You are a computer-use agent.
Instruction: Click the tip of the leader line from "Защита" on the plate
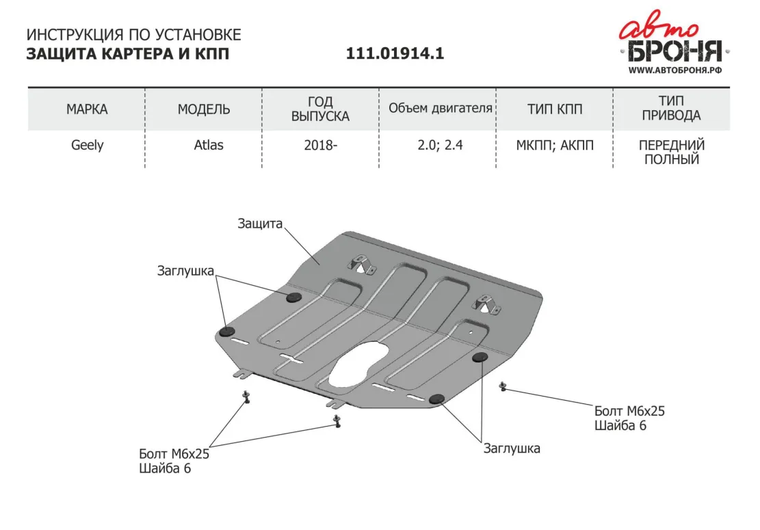pos(319,265)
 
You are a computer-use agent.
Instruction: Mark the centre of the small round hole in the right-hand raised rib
pos(471,332)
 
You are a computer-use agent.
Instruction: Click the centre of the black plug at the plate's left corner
pos(227,332)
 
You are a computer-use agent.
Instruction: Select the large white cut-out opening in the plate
pos(358,365)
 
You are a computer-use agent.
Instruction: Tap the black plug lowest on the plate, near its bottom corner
pos(436,399)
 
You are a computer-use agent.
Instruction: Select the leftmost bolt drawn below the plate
pos(246,397)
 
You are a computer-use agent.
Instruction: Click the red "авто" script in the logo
pos(659,27)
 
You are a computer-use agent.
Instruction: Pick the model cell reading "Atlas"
pos(209,145)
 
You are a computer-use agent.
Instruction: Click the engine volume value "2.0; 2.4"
pos(440,145)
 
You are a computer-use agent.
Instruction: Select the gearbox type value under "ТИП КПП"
pos(555,145)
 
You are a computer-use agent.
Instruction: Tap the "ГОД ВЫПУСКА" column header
pos(320,109)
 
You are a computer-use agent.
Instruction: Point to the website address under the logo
pos(675,70)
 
